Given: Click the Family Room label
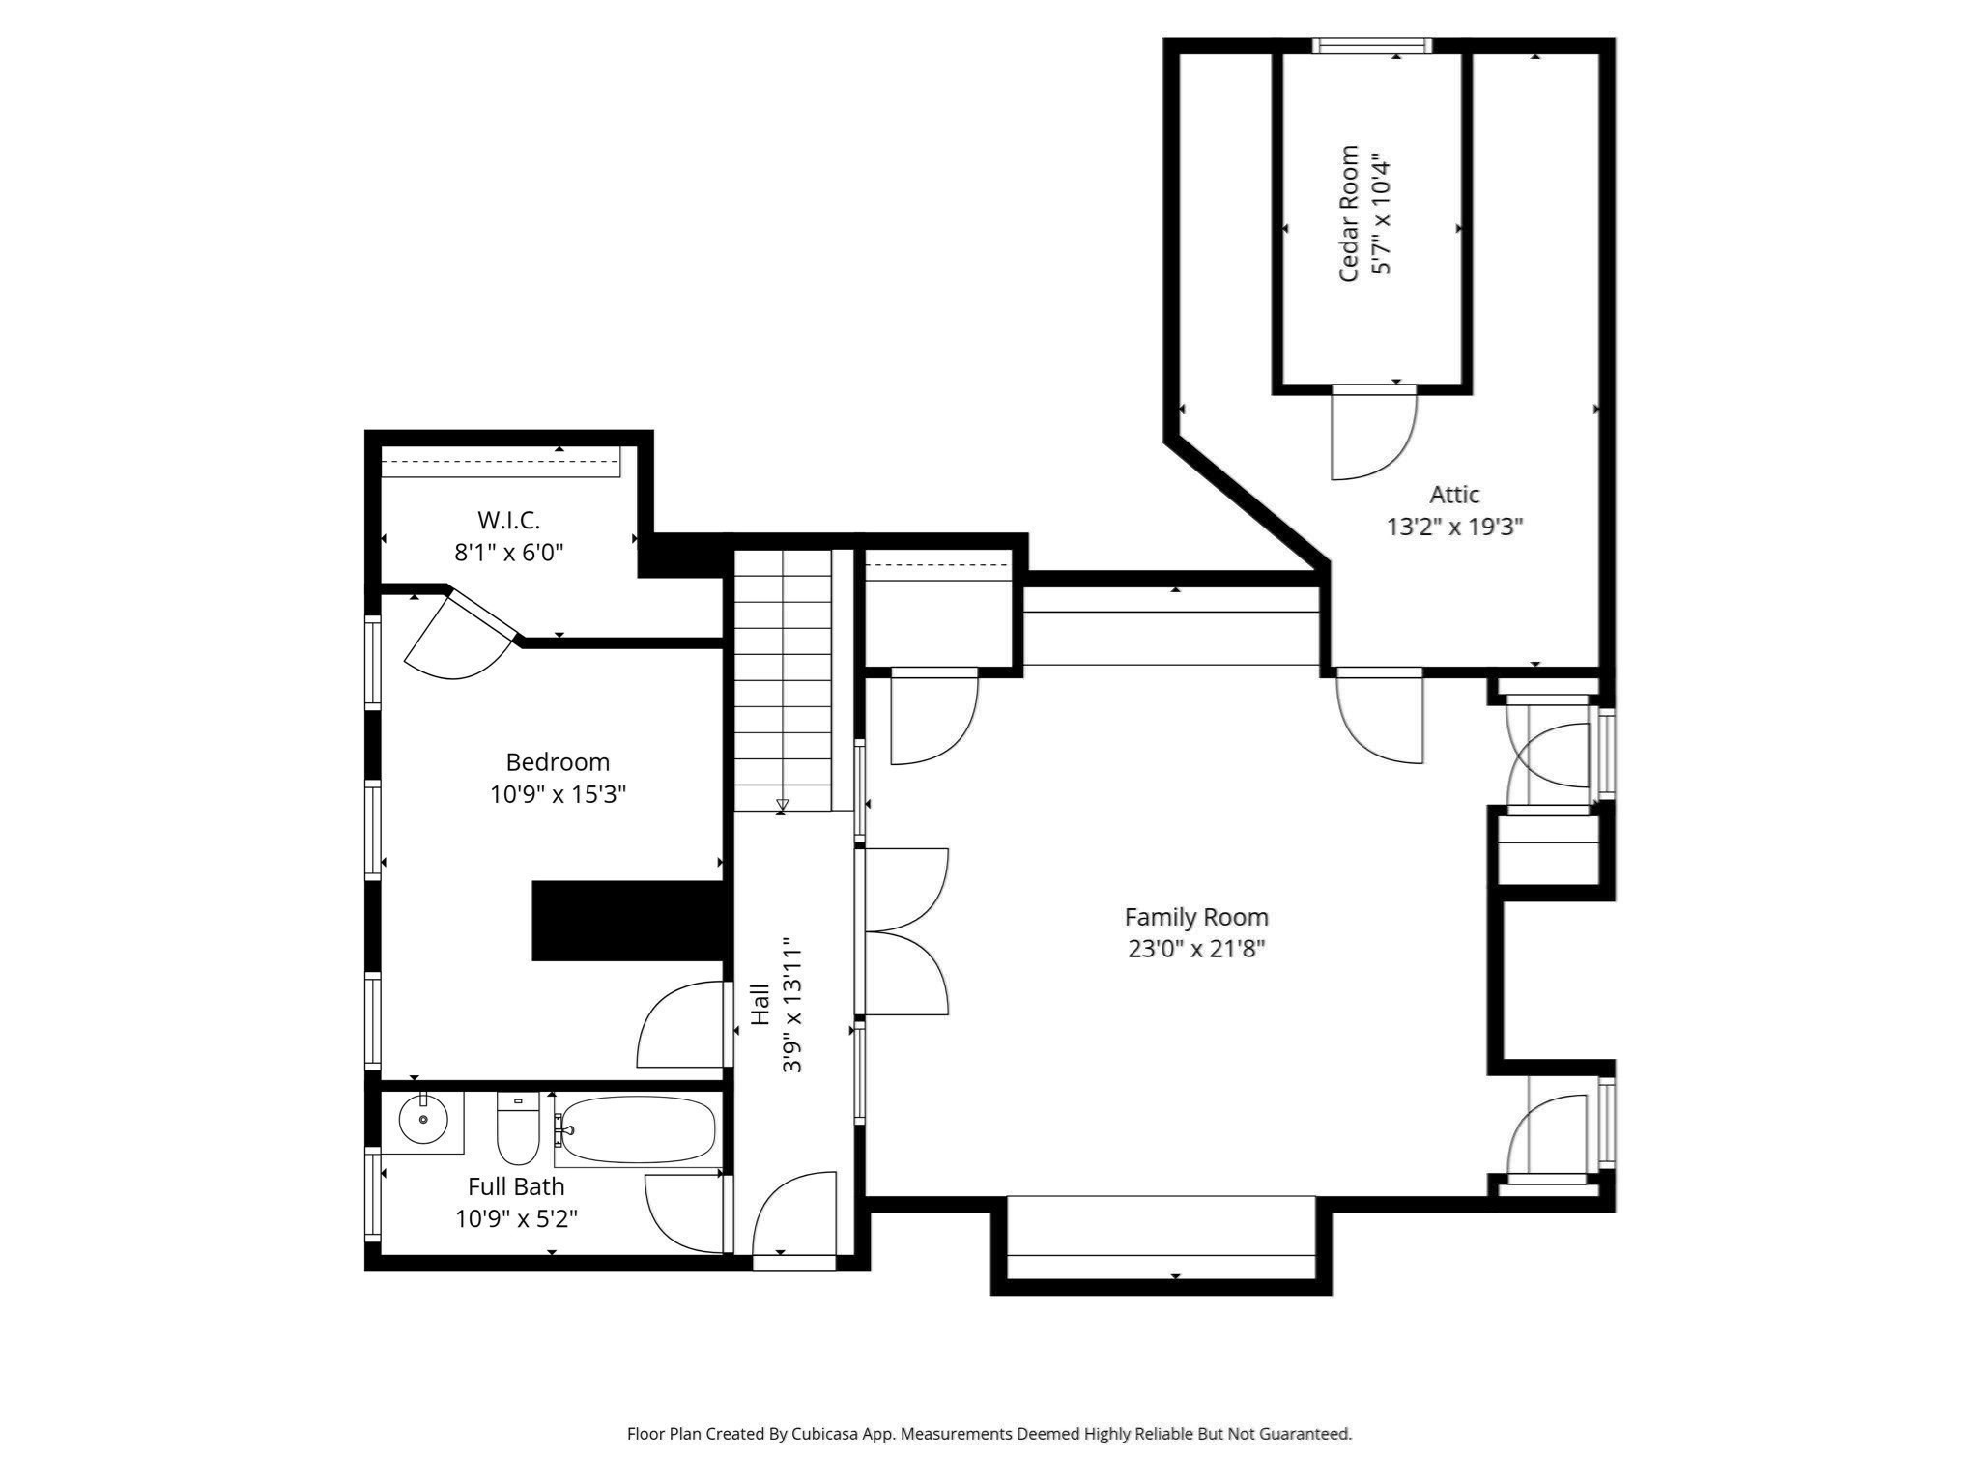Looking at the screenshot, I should tap(1195, 917).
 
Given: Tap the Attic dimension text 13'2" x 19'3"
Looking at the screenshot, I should tap(1454, 527).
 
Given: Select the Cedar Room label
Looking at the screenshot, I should tap(1349, 214).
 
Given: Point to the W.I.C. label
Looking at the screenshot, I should tap(508, 521).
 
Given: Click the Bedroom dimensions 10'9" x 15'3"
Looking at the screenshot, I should tap(558, 794).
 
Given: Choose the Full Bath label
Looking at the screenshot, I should tap(516, 1186).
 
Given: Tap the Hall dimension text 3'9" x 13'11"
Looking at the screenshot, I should tap(792, 1004).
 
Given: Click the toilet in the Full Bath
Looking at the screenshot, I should tap(518, 1129).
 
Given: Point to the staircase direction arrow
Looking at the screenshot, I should tap(782, 805).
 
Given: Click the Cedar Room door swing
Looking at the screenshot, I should tap(1372, 435).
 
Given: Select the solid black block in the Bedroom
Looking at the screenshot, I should tap(628, 920).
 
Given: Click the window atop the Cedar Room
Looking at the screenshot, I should tap(1371, 45).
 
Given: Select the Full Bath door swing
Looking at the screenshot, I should tap(684, 1212).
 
